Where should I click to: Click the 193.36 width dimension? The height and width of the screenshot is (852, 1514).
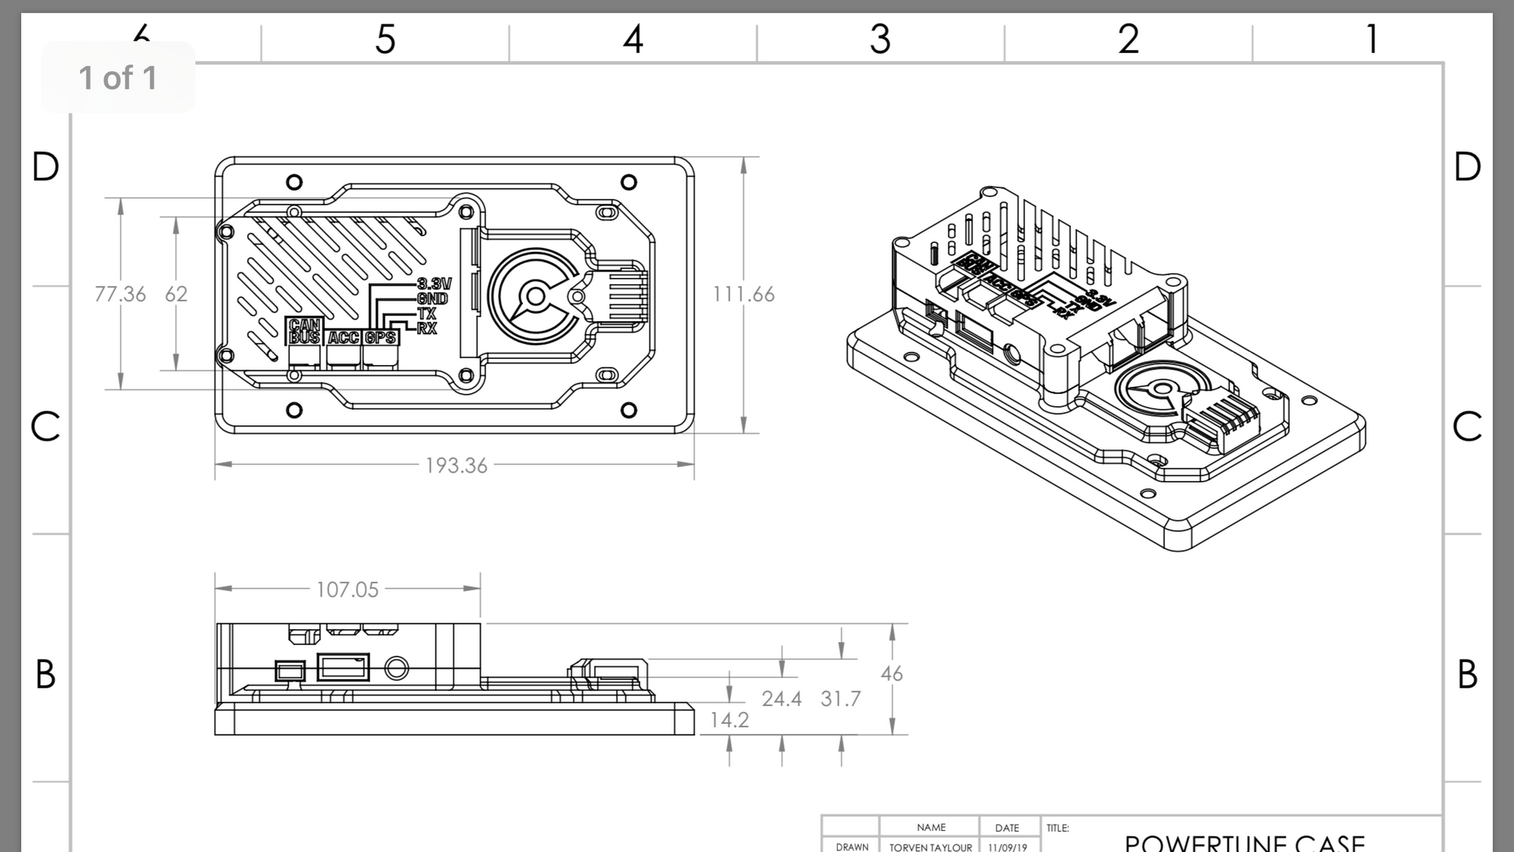[x=456, y=465]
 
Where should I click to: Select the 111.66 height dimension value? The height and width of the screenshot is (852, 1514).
[x=743, y=294]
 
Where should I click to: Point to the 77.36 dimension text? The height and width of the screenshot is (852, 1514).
[x=120, y=294]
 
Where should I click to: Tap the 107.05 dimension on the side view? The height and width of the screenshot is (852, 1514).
[x=347, y=589]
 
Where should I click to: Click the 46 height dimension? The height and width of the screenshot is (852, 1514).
[x=892, y=673]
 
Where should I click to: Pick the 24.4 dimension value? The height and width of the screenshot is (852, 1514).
[x=781, y=698]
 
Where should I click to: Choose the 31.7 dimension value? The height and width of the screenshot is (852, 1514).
[x=840, y=698]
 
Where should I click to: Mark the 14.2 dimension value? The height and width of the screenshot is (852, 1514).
[x=729, y=719]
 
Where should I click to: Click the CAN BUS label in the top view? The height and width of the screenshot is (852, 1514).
[x=304, y=331]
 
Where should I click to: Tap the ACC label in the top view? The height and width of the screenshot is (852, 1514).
[x=344, y=337]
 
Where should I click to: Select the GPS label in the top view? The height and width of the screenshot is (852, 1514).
[x=381, y=337]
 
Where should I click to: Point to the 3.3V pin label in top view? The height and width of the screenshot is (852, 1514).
[x=434, y=284]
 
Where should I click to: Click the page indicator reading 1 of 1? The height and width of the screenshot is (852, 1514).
[x=118, y=78]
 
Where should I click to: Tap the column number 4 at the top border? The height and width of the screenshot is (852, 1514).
[x=633, y=39]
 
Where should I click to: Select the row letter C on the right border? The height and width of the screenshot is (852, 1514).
[x=1467, y=426]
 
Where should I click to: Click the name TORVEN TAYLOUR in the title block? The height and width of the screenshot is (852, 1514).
[x=930, y=847]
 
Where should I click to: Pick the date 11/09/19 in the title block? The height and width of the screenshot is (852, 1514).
[x=1007, y=847]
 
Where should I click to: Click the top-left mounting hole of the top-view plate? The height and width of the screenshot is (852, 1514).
[x=294, y=182]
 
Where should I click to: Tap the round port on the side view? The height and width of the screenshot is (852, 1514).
[x=397, y=669]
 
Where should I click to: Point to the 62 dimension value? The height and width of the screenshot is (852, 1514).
[x=176, y=294]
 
